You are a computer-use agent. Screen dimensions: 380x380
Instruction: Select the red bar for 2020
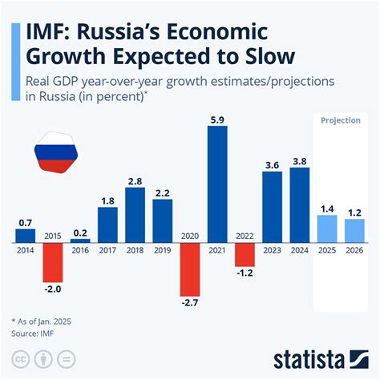point(190,268)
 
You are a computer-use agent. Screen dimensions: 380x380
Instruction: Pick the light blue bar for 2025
point(327,228)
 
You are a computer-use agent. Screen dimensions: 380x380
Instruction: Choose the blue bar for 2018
point(135,214)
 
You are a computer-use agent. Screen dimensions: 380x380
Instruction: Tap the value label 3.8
point(300,161)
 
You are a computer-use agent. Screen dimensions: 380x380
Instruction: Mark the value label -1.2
point(245,273)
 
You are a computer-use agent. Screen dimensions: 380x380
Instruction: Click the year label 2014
point(26,249)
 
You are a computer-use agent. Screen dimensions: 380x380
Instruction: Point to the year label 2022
point(245,236)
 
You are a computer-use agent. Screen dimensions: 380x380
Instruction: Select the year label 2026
point(354,249)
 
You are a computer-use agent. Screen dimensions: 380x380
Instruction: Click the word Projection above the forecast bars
point(340,120)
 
